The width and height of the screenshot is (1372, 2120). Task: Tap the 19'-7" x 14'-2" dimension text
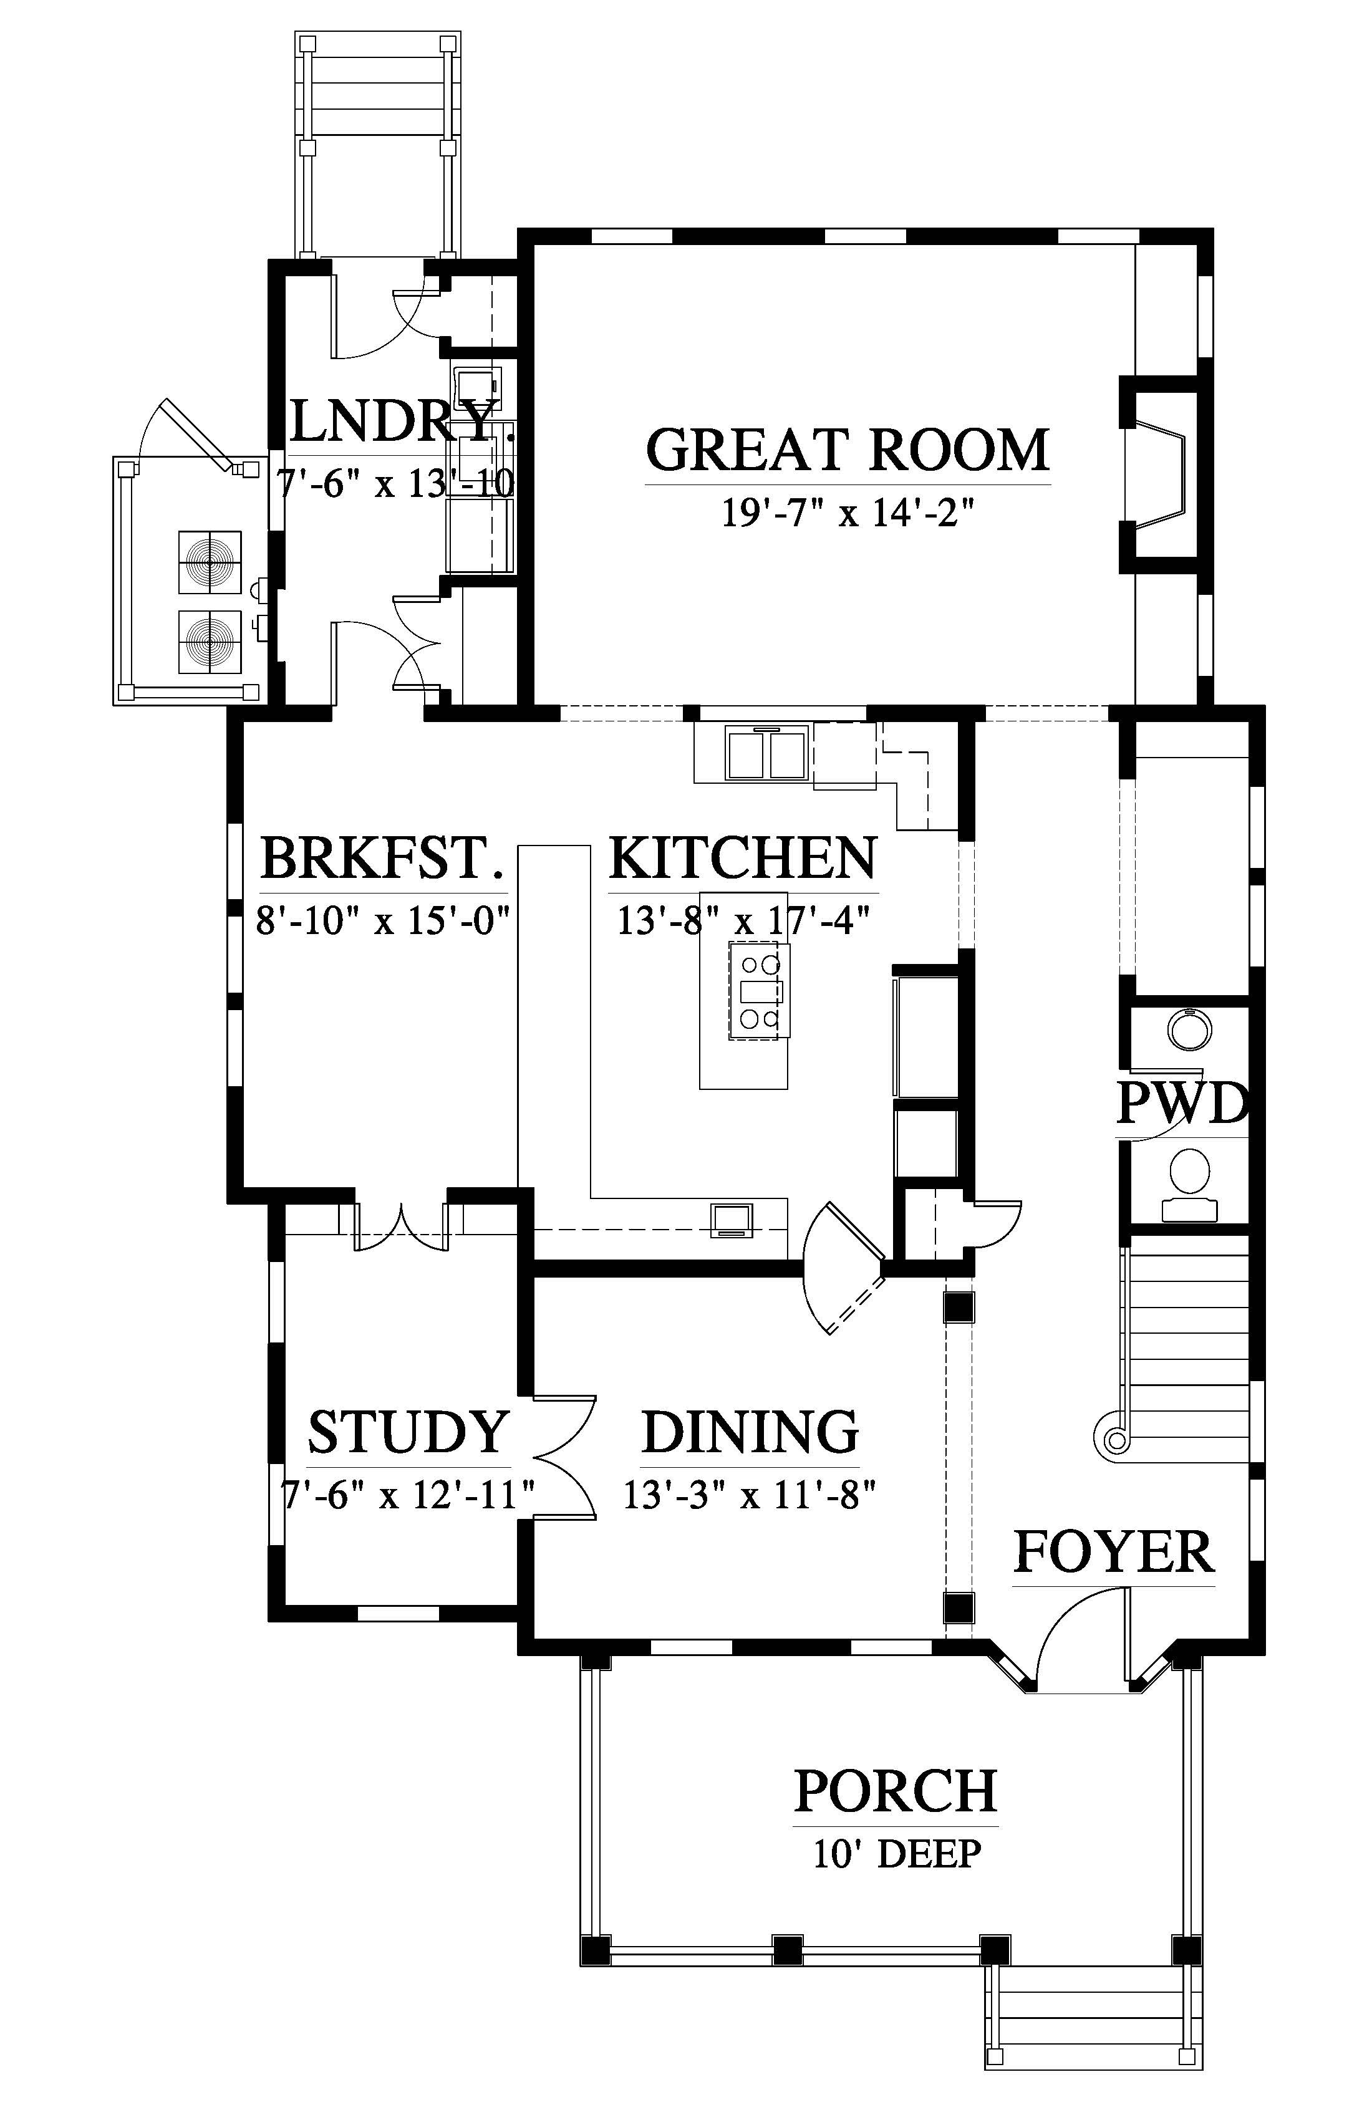(x=848, y=513)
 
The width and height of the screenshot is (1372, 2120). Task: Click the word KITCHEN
(x=743, y=858)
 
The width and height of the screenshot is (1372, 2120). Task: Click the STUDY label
(x=408, y=1432)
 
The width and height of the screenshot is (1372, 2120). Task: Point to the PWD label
(x=1181, y=1104)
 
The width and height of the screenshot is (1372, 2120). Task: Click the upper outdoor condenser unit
(x=210, y=562)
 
